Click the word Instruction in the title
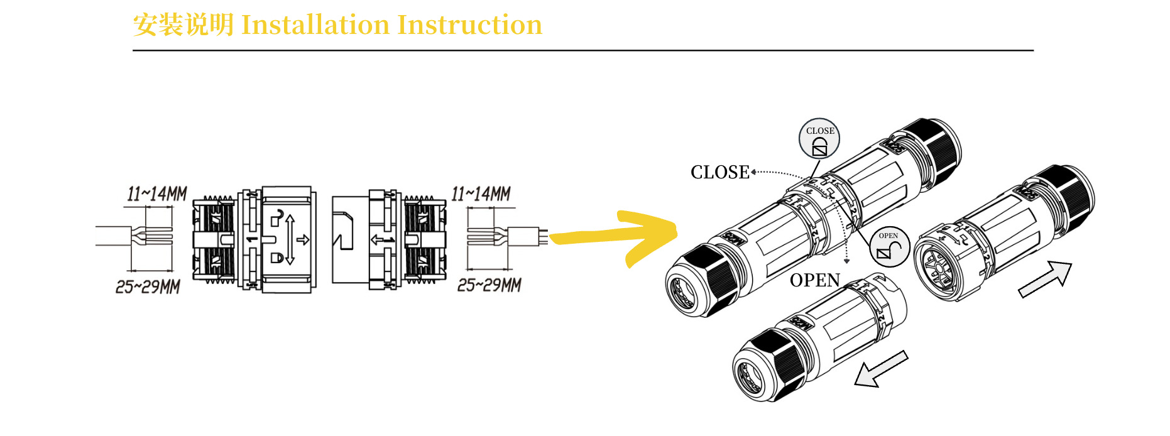[469, 25]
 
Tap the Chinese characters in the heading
[183, 25]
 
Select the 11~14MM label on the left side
[157, 193]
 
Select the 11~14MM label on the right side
[481, 193]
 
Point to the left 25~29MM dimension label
[148, 286]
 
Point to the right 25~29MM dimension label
[489, 285]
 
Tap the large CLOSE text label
[719, 172]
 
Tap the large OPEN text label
[814, 280]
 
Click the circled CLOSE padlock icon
[819, 139]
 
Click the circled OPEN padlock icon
[889, 247]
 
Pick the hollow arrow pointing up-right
[1045, 280]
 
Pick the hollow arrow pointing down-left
[880, 369]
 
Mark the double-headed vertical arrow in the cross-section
[290, 239]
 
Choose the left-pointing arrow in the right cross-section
[382, 239]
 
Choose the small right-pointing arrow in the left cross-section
[303, 239]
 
